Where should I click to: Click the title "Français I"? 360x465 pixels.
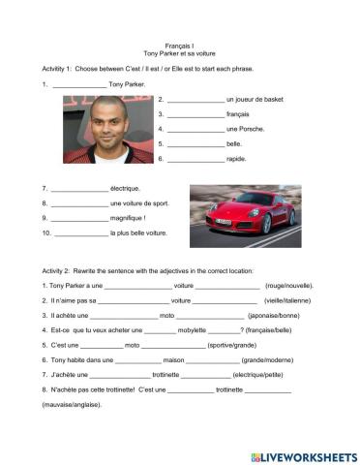[180, 46]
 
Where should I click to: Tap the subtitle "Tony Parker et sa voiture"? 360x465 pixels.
[180, 55]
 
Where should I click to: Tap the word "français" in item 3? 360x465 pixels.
[237, 113]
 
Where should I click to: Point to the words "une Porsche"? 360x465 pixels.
[245, 128]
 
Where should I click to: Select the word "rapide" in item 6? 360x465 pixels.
[236, 158]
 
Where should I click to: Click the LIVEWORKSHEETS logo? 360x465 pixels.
[303, 455]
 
